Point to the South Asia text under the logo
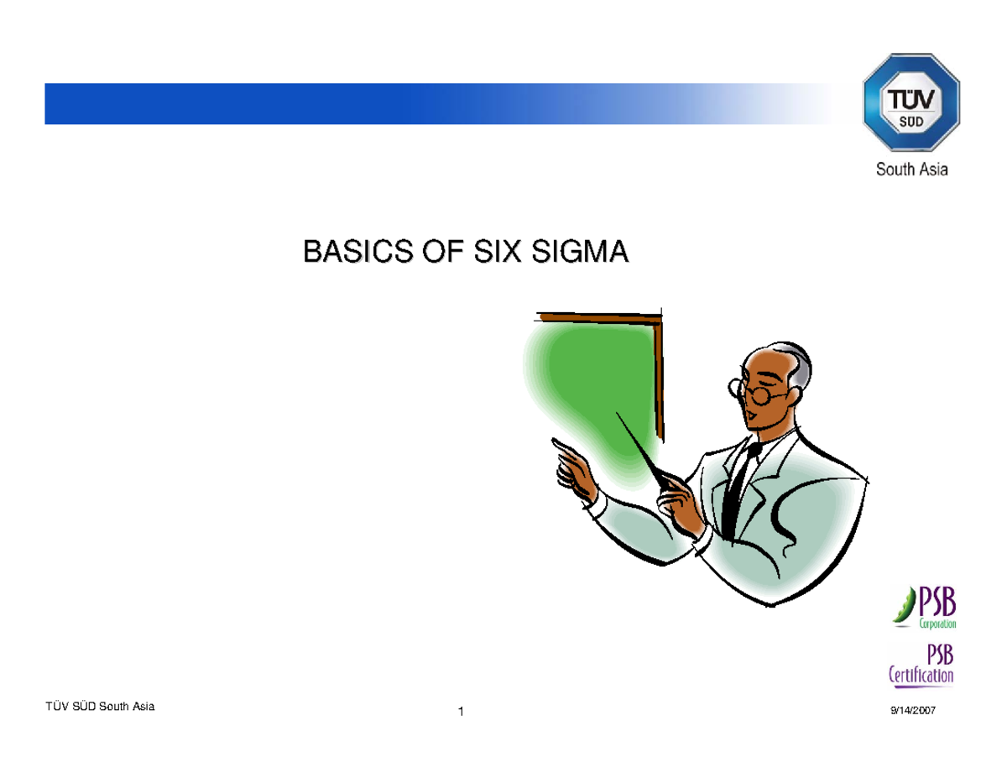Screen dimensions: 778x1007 coord(912,170)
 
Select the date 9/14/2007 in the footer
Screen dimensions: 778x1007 coord(912,712)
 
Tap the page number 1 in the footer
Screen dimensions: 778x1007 coord(462,713)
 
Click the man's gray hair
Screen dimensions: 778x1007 coord(797,361)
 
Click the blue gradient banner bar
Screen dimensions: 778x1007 coord(420,103)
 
